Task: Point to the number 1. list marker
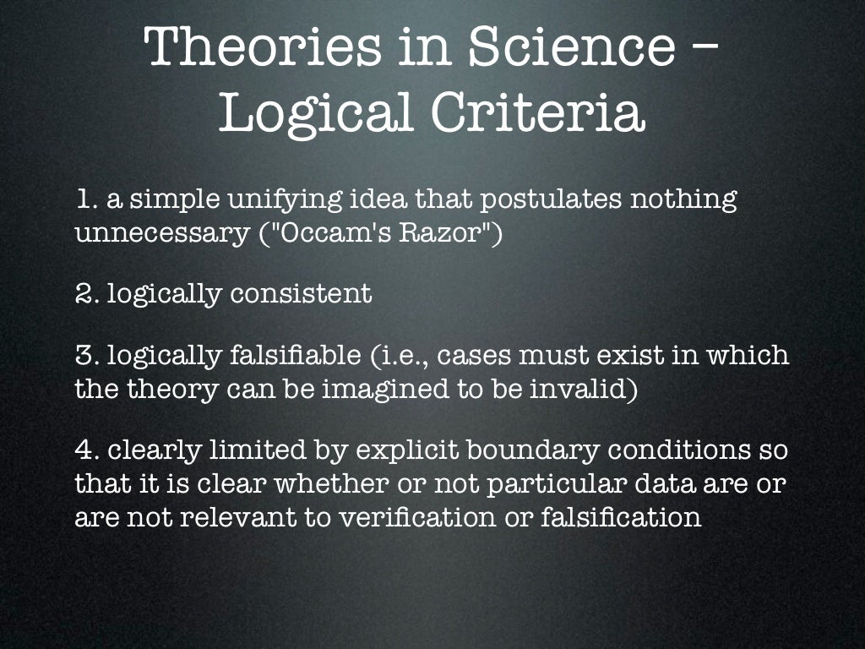pyautogui.click(x=86, y=200)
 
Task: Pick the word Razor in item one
pyautogui.click(x=445, y=232)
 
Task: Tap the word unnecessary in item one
pyautogui.click(x=160, y=232)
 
